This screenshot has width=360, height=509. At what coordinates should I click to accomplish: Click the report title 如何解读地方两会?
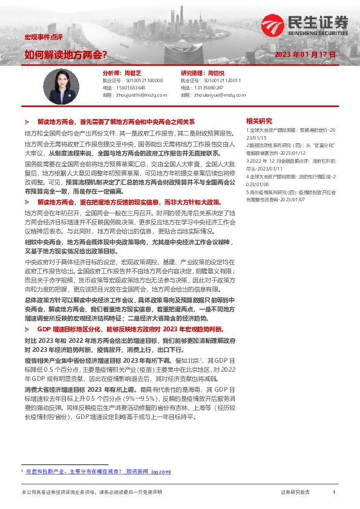pyautogui.click(x=66, y=55)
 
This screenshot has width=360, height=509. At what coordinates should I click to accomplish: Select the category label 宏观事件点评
pyautogui.click(x=39, y=37)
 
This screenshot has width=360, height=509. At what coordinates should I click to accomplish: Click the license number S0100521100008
pyautogui.click(x=140, y=80)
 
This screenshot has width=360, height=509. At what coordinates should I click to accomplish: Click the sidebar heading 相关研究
pyautogui.click(x=259, y=120)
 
